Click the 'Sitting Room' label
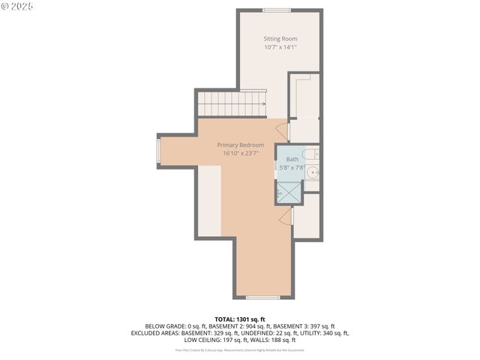[280, 38]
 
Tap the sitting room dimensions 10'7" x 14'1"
[280, 47]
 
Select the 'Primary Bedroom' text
[240, 145]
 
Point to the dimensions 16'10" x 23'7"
[240, 154]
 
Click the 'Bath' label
[291, 159]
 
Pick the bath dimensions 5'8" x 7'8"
[291, 168]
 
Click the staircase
[232, 103]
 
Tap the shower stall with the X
[289, 192]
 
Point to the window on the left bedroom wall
[157, 150]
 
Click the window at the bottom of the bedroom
[262, 298]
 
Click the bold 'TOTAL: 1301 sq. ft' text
[240, 319]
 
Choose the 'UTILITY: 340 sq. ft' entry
[323, 332]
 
